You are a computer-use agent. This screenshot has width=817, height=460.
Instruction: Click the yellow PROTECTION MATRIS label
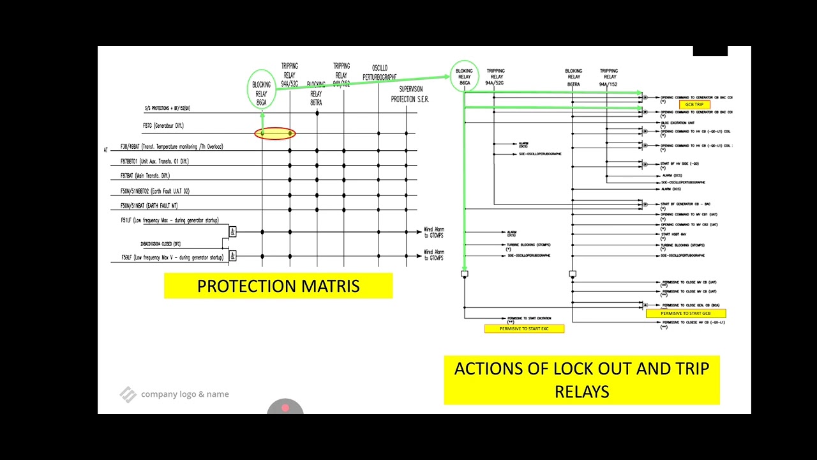point(278,286)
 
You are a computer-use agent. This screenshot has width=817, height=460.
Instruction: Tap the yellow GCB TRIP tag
point(694,105)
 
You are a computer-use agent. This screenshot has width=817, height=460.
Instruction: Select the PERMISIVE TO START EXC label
point(524,328)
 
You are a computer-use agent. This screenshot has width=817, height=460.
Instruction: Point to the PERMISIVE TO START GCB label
point(686,314)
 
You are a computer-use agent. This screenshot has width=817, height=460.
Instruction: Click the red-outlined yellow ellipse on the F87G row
point(275,134)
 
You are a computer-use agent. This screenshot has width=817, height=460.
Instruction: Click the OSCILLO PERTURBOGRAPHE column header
point(379,73)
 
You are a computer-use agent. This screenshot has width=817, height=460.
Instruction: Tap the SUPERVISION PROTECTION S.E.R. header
point(410,95)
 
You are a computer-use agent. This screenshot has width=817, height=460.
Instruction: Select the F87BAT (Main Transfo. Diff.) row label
point(146,176)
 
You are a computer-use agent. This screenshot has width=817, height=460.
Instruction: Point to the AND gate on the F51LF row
point(232,232)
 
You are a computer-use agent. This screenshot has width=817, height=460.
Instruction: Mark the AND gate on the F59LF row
point(232,256)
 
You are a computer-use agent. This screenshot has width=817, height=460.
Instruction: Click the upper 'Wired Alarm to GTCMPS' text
point(434,233)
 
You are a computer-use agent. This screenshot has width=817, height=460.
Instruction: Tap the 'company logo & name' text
point(184,394)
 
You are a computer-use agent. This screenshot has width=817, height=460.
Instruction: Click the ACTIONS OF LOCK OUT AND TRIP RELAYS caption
point(581,380)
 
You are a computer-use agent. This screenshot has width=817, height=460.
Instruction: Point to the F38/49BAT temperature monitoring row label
point(172,147)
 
